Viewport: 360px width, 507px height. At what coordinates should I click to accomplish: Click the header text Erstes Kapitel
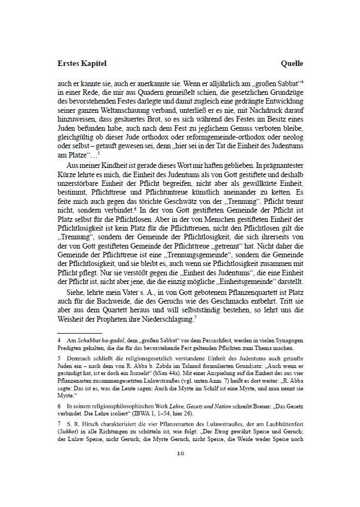[81, 63]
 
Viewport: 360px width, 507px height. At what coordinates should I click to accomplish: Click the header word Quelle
[292, 63]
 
